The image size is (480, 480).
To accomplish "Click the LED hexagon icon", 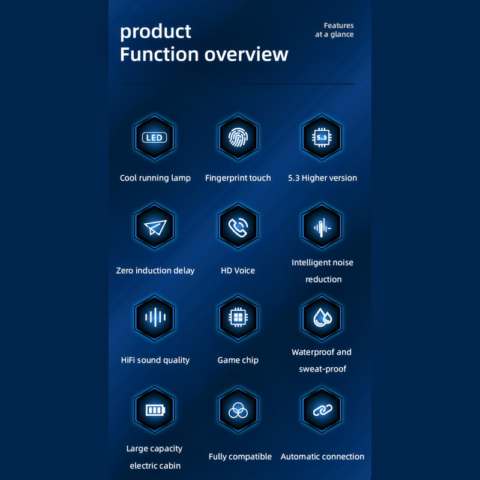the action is coord(155,137).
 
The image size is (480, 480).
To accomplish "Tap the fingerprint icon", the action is coord(238,137).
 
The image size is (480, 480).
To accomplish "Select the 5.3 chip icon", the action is coord(322,137).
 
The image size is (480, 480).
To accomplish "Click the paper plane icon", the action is coord(155,226).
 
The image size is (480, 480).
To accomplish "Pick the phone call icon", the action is coord(238,226).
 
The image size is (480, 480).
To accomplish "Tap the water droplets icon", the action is coord(322,318).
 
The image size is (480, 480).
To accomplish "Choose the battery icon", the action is coord(155,410).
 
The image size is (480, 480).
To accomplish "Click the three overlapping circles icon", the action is coord(238,410).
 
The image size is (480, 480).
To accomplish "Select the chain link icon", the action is coord(322,410).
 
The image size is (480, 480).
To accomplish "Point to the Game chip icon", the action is coord(238,318).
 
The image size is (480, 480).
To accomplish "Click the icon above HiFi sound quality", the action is coord(155,318).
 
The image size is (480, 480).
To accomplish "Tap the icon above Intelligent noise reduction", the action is coord(322,226).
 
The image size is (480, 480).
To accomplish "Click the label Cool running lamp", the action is coord(155,178).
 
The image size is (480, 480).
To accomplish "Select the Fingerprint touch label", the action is coord(238,178).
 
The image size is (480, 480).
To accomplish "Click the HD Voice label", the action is coord(238,271).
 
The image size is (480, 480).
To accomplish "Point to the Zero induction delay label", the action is coord(155,271).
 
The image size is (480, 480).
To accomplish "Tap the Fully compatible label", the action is coord(240,457).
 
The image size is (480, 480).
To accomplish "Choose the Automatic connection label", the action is coord(322,457).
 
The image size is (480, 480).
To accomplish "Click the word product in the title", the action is coord(155,32).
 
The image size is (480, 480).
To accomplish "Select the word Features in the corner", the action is coord(338,25).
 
